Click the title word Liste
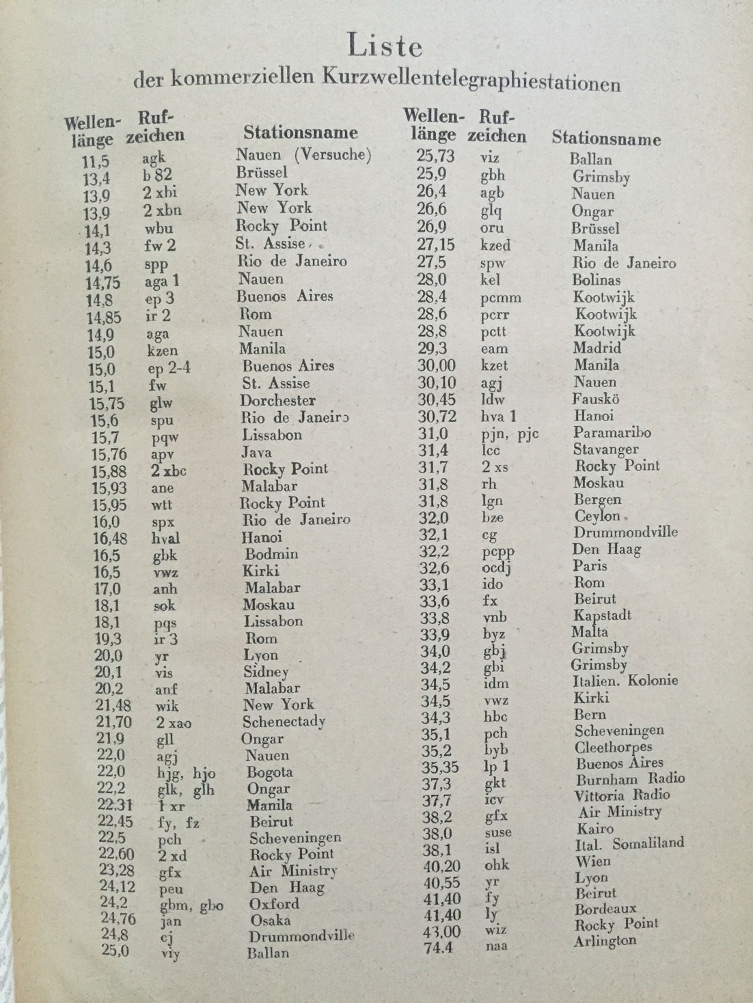pos(385,46)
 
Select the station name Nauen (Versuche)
pos(303,154)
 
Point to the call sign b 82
pos(157,176)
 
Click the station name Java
pos(256,452)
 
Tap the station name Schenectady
pos(284,722)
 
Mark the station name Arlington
pos(605,940)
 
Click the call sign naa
pos(496,946)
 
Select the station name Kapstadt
pos(603,615)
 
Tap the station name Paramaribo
pos(612,432)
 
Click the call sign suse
pos(497,833)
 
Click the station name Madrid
pos(597,348)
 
